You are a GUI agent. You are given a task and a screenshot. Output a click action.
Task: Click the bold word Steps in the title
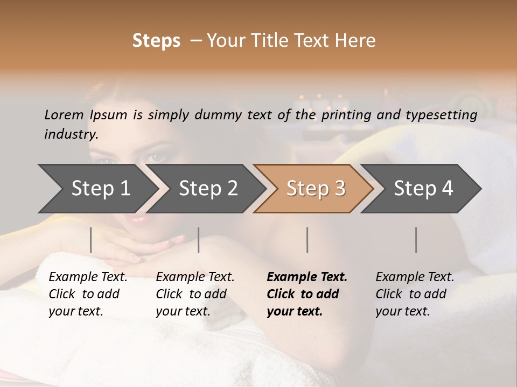pos(156,41)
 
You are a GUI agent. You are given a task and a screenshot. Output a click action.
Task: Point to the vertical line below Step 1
pos(91,240)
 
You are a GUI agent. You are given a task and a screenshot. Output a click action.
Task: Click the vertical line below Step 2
pos(199,240)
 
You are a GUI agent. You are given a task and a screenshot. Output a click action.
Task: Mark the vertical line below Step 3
pos(308,240)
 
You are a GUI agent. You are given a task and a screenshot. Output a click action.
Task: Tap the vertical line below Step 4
pos(416,240)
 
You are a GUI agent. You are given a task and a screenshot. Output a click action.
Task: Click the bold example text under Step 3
pos(306,294)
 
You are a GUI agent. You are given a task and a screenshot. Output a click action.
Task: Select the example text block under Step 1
pos(87,294)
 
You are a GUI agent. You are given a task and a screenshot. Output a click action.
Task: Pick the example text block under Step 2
pos(194,294)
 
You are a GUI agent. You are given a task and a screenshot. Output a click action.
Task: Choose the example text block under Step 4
pos(414,294)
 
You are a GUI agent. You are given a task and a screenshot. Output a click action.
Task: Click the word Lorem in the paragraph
pos(64,114)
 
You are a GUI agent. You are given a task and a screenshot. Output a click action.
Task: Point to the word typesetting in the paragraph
pos(446,114)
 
